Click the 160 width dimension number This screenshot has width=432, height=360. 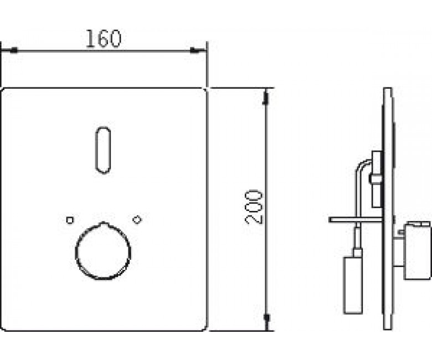104,38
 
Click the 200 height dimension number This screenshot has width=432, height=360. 254,207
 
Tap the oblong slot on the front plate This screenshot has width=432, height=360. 103,150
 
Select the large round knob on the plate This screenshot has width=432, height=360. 103,251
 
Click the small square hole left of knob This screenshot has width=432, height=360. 70,220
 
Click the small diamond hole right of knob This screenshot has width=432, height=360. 137,219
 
